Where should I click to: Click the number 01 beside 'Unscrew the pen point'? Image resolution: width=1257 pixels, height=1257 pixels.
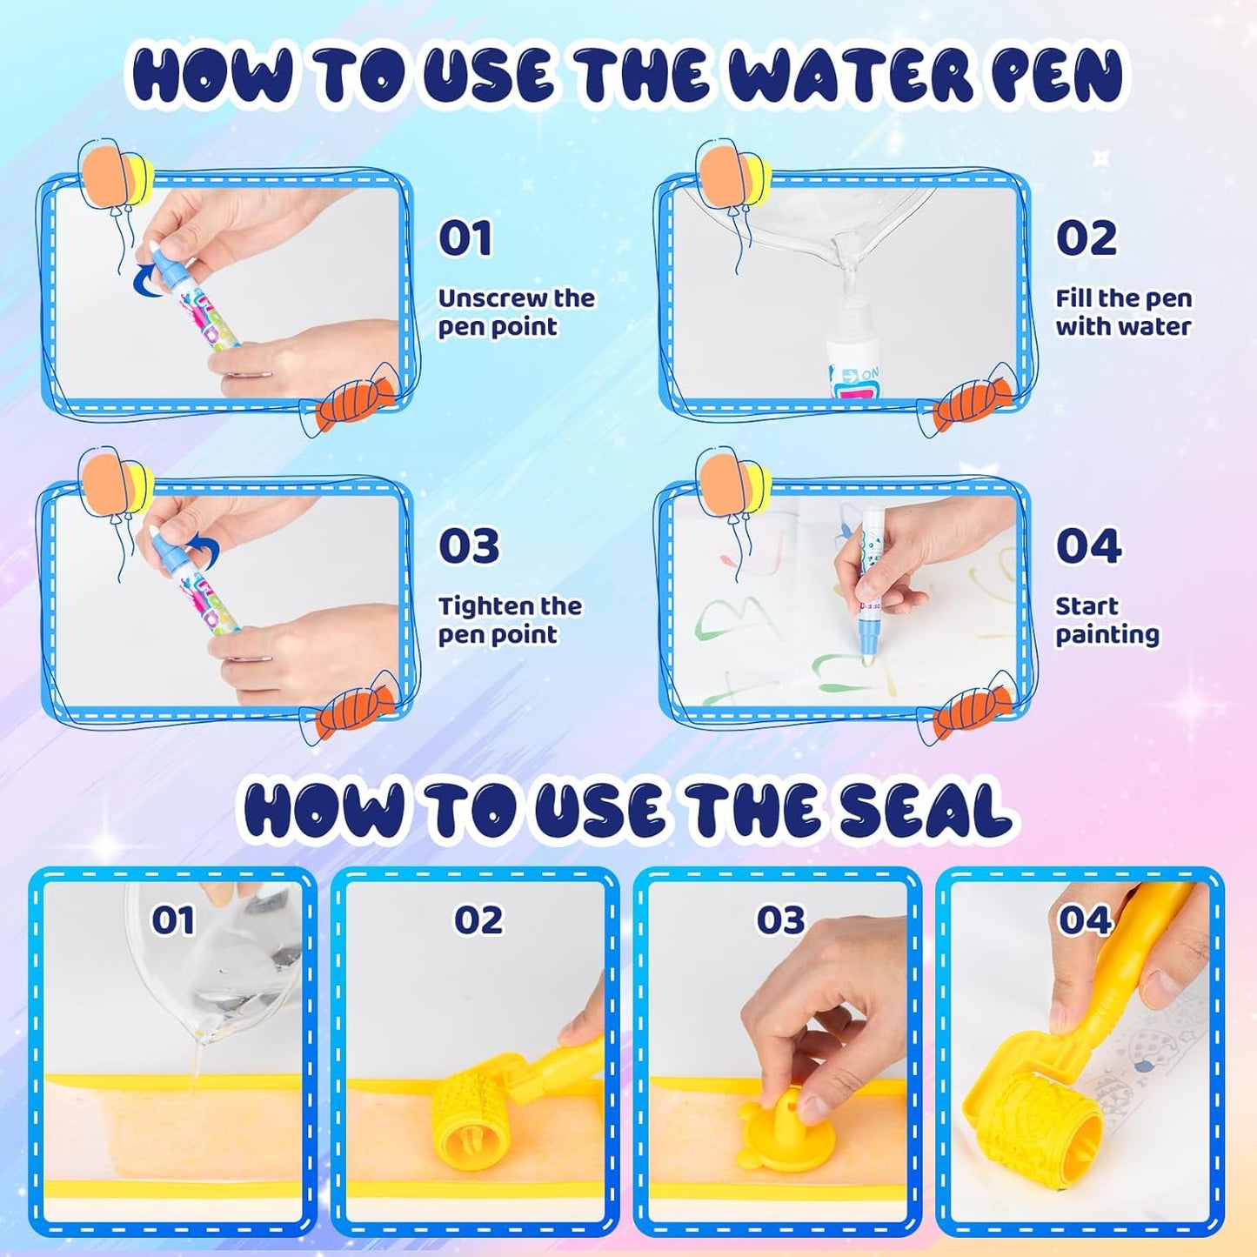465,238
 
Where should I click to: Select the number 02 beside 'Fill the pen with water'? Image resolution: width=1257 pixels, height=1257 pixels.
1086,238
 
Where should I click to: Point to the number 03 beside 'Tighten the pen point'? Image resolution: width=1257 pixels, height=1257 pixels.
468,546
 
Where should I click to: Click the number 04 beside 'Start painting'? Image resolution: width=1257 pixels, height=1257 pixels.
1088,546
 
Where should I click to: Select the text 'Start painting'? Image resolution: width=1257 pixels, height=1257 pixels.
1107,620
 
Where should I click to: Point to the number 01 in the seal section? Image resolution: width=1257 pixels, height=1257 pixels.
173,920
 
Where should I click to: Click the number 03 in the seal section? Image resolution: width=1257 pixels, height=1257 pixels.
780,920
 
